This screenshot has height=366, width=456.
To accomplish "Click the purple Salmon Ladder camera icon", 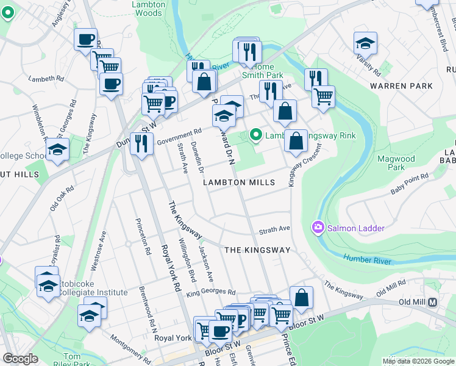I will [318, 228].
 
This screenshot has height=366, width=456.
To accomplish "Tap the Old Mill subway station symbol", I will [433, 302].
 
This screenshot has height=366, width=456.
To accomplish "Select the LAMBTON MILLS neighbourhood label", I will [240, 182].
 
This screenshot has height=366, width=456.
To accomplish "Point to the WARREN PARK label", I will [396, 86].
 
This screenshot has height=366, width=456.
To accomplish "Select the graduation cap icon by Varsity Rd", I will [365, 43].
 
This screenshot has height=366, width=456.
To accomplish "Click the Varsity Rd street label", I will [369, 65].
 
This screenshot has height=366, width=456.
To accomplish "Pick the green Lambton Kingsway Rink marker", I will [256, 134].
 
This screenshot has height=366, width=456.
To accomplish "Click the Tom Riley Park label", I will [64, 361].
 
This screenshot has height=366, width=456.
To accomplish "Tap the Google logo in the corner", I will [20, 359].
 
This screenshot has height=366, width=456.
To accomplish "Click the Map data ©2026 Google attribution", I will [417, 361].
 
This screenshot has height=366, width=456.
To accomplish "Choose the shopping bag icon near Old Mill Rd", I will [301, 298].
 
